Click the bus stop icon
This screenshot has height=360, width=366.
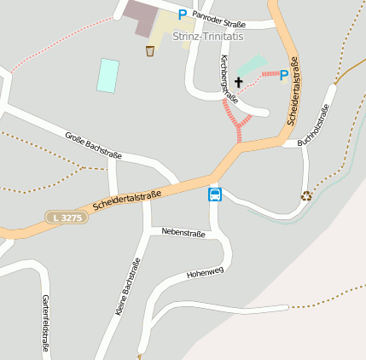(x=215, y=194)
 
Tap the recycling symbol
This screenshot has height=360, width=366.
(x=306, y=195)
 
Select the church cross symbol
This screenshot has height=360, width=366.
(x=238, y=82)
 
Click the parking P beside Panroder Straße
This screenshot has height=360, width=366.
(x=182, y=14)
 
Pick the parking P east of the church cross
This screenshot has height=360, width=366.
(x=284, y=75)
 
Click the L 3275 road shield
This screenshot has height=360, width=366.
(x=66, y=218)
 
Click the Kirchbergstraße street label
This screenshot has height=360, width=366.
(x=229, y=80)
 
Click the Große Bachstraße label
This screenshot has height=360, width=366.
(x=94, y=145)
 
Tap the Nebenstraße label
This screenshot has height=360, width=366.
(x=183, y=232)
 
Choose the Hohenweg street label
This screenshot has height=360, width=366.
(x=205, y=273)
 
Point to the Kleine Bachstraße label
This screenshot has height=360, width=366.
(x=127, y=284)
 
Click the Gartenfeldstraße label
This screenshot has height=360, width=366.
(x=45, y=323)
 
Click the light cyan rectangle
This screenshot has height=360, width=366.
(x=107, y=75)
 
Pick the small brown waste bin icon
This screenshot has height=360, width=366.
(x=150, y=51)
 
